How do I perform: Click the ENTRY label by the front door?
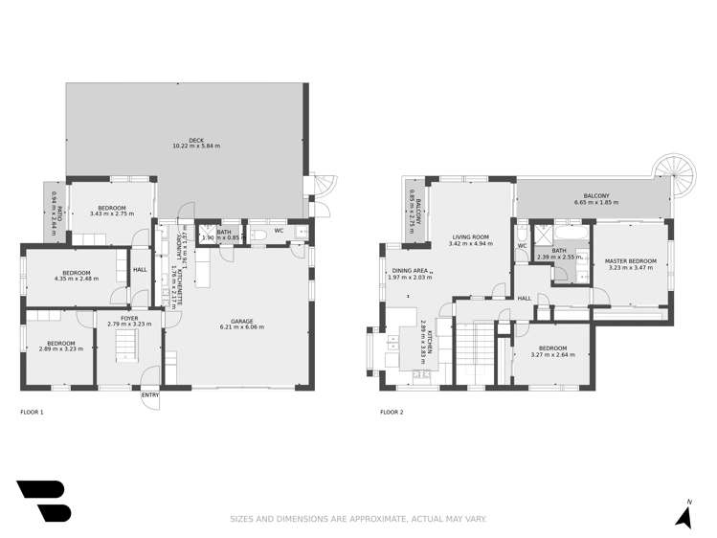[150, 394]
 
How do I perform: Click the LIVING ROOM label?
[470, 237]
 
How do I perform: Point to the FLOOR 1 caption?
[32, 412]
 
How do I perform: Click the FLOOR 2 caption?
[392, 412]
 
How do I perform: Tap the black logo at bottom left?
[43, 502]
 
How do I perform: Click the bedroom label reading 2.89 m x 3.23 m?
[60, 348]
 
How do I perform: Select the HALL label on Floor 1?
[140, 269]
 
